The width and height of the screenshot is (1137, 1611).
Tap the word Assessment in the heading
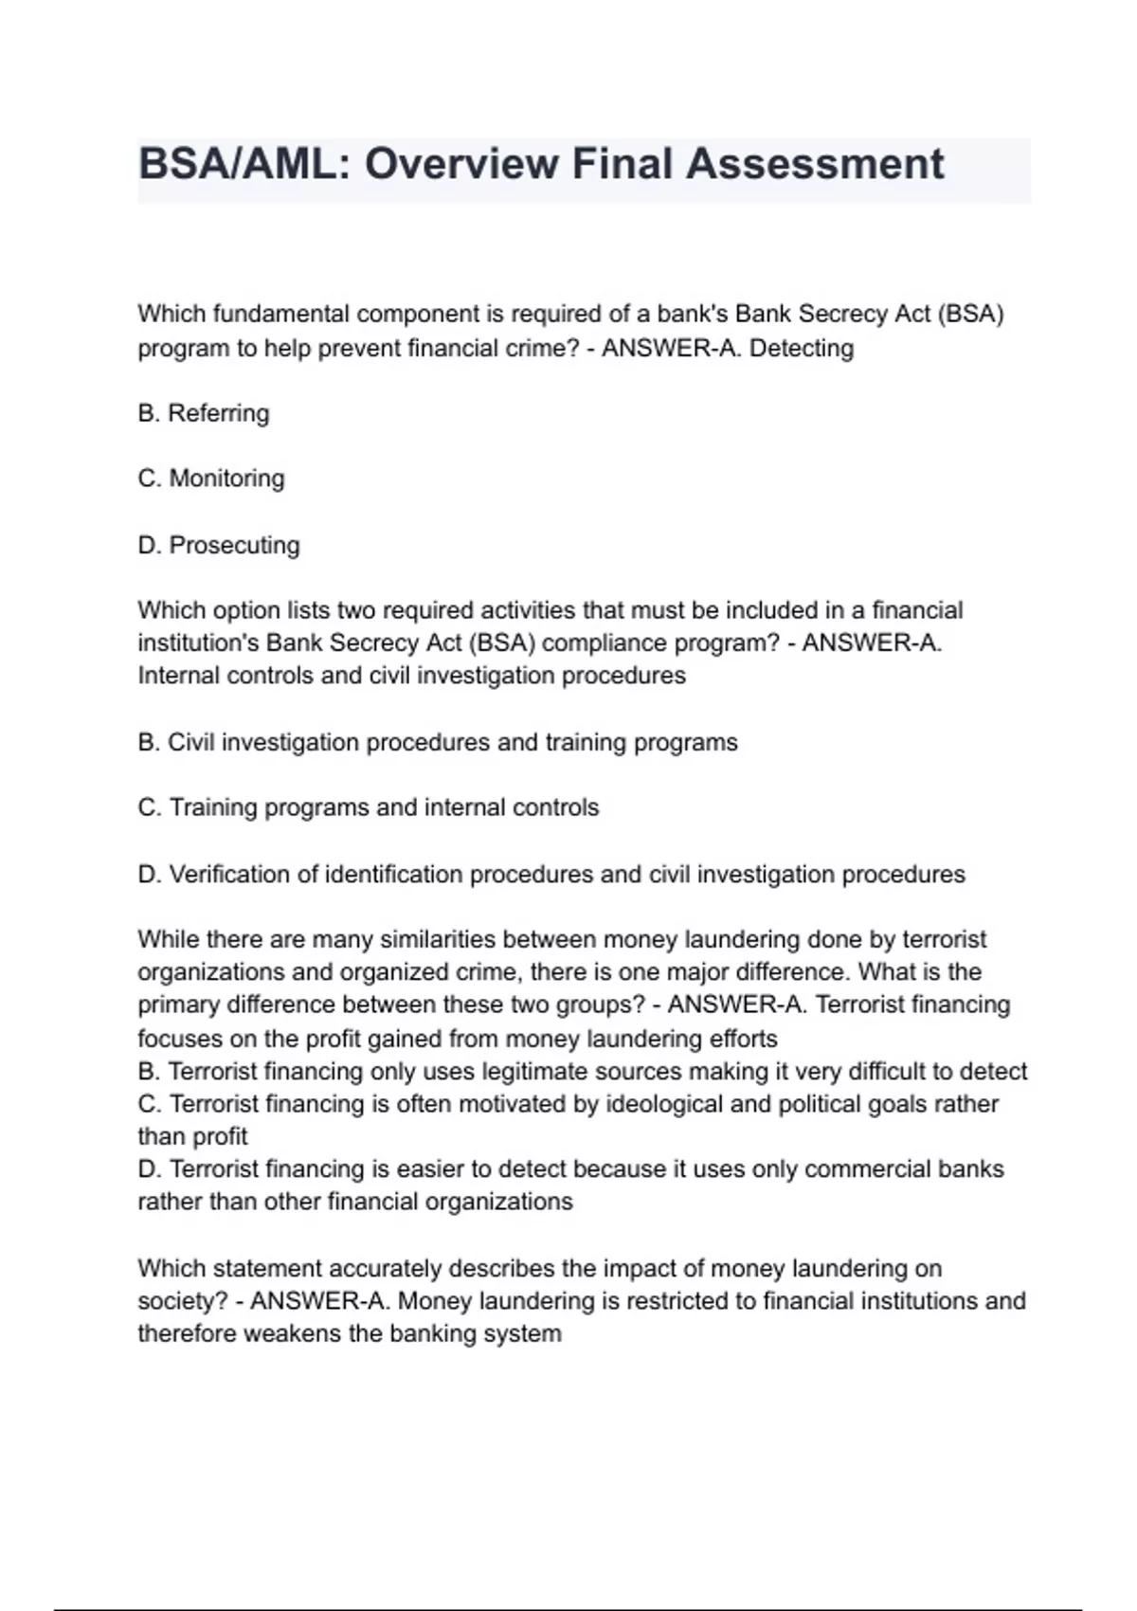coord(815,164)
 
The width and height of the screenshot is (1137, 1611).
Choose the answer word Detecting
coord(802,349)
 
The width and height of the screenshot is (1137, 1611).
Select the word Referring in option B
coord(219,414)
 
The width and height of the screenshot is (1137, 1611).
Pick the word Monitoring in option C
coord(226,479)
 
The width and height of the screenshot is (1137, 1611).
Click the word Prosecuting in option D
coord(234,546)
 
